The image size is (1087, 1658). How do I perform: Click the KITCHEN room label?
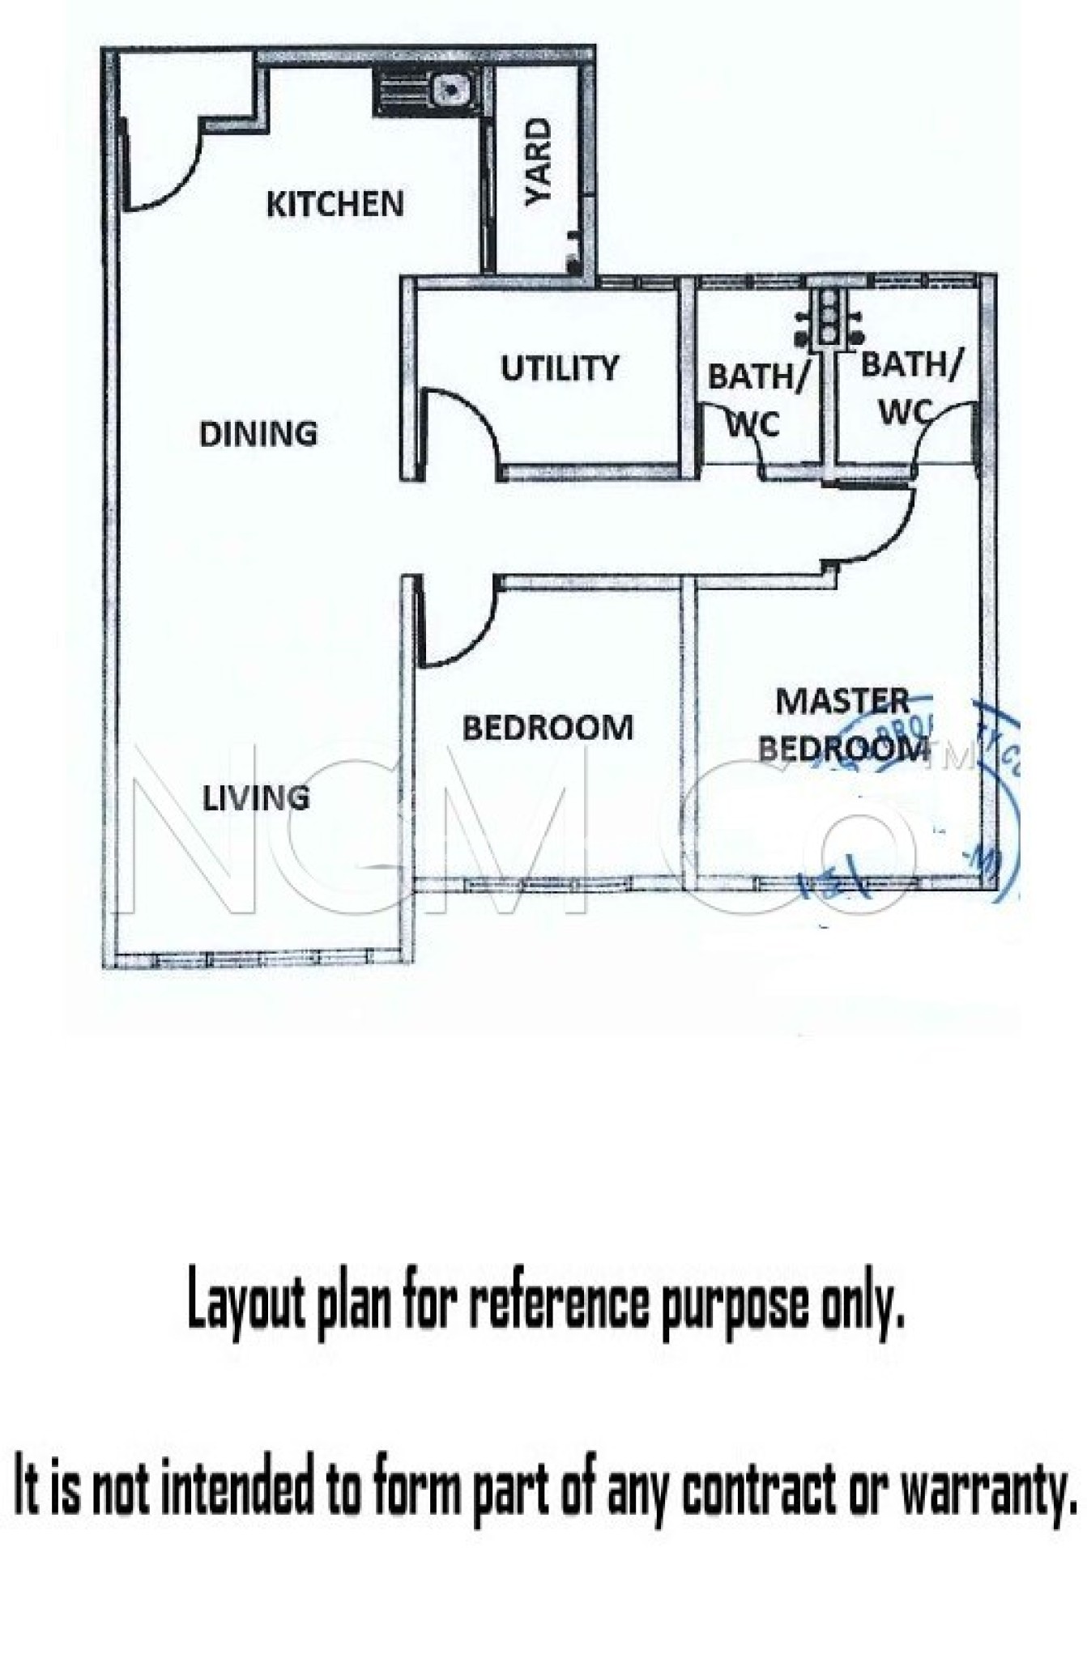[335, 203]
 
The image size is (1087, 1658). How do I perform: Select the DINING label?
[258, 434]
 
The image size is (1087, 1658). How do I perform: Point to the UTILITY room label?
[559, 368]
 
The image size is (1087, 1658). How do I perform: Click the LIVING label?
[255, 798]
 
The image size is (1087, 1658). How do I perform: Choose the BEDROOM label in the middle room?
[548, 728]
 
